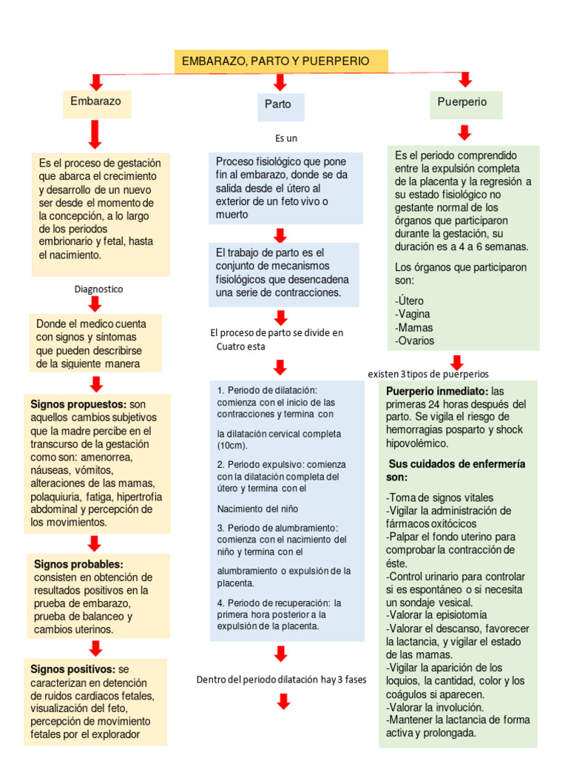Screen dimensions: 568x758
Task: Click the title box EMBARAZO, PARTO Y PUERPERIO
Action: (280, 61)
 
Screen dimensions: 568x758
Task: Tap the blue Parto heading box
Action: (279, 104)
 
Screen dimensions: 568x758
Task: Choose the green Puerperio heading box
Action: (465, 103)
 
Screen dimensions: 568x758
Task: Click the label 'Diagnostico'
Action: (99, 289)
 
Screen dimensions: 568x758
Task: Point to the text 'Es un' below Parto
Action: (286, 138)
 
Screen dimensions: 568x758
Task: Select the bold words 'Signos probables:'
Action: (76, 564)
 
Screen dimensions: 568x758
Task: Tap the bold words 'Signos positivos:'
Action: (72, 669)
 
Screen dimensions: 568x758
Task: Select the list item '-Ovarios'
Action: (415, 341)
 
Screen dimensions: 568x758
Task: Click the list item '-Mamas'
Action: (414, 327)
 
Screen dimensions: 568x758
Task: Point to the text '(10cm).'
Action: (233, 446)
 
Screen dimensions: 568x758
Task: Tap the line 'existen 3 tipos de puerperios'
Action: (428, 374)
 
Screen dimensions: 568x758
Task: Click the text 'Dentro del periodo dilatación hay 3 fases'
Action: (281, 680)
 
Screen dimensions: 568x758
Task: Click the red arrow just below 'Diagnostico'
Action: (95, 302)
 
